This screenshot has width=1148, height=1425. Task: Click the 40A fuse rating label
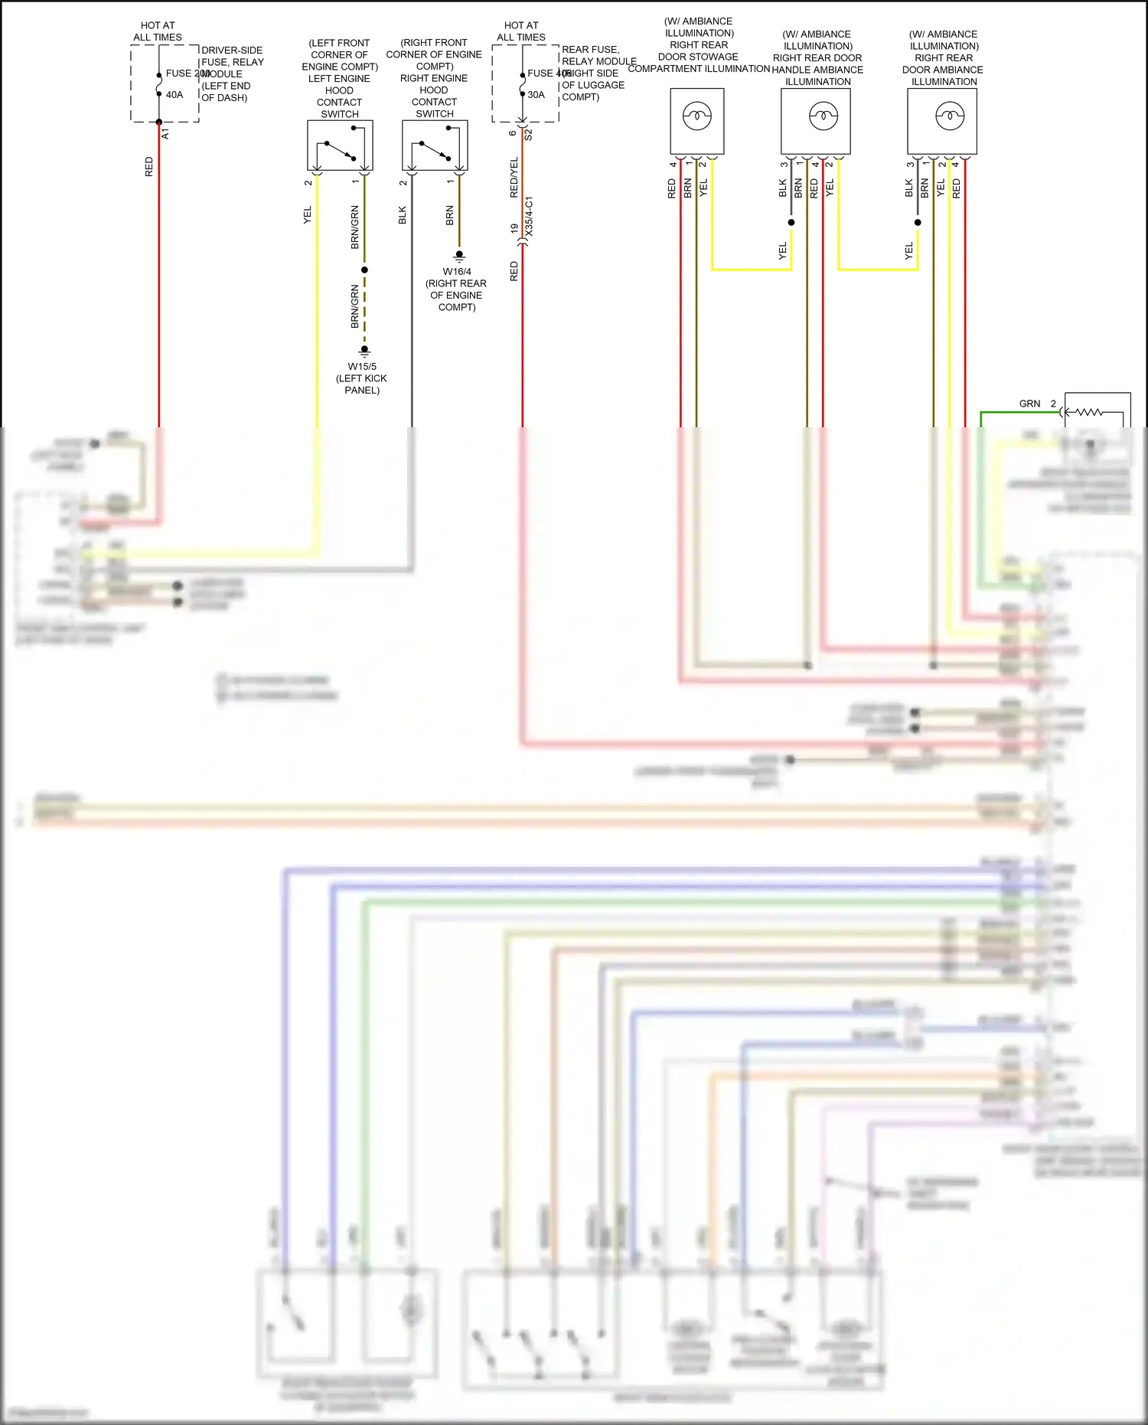point(174,95)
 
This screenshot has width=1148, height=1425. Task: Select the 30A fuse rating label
point(536,95)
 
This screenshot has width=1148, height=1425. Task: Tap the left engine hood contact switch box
point(340,145)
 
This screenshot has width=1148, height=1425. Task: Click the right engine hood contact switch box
point(435,145)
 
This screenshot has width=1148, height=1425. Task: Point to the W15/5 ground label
point(362,367)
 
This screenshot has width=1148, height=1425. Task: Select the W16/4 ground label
point(457,272)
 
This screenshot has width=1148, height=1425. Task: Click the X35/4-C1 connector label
point(530,215)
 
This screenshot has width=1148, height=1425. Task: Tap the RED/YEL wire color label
point(514,178)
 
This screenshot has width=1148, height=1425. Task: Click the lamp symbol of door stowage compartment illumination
point(697,117)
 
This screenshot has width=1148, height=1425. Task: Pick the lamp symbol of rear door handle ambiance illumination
point(823,117)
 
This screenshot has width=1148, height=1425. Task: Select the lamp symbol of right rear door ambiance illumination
point(950,117)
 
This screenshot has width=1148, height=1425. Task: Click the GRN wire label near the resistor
point(1029,404)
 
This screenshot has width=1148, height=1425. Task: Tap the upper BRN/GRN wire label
point(355,227)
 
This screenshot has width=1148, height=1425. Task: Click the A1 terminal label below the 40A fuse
point(166,134)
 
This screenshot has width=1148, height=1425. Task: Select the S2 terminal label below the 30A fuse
point(529,134)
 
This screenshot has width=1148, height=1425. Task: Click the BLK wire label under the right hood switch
point(403,215)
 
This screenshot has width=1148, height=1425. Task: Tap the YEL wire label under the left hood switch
point(308,215)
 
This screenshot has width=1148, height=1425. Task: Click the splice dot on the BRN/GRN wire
point(364,270)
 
